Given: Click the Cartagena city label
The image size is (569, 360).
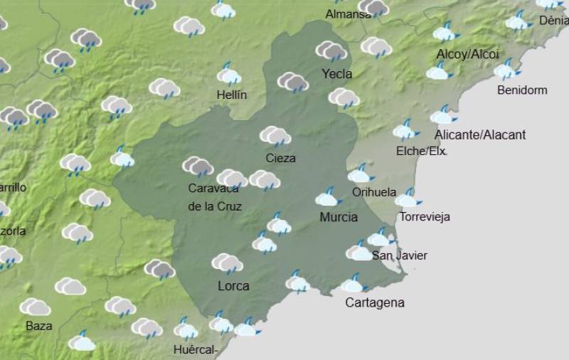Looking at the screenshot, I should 374,303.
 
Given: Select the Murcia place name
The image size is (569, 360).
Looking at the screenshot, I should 339,217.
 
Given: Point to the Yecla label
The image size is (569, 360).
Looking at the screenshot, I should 336,74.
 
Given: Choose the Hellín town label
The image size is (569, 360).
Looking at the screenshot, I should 232,95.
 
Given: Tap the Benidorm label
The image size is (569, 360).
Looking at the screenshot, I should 522,90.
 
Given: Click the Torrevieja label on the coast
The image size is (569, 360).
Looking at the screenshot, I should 425,217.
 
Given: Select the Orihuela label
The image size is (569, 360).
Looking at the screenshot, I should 374,192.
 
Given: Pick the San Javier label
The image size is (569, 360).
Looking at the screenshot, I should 400,256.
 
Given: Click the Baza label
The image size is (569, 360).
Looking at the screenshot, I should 38,327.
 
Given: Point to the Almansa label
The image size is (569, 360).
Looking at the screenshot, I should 349,14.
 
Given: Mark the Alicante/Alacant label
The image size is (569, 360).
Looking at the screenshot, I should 480,135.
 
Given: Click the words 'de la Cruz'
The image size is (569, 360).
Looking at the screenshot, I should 215,207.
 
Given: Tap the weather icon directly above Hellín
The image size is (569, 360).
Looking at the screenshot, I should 229,74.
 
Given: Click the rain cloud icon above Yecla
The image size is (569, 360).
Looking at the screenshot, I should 331,51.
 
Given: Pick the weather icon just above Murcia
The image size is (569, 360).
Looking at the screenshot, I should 329,196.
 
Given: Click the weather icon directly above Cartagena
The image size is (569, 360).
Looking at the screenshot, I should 353,284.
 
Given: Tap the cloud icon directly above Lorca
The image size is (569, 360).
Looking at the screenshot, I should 227,263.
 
